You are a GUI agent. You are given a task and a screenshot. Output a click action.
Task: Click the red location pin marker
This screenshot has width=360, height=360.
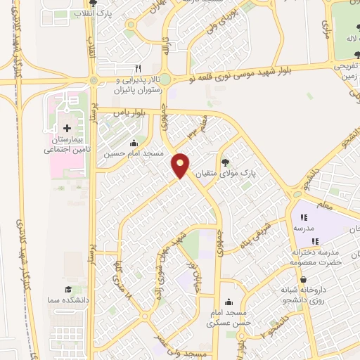[181, 165]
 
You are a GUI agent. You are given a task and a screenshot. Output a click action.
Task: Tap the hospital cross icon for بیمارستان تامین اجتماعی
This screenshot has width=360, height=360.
[67, 129]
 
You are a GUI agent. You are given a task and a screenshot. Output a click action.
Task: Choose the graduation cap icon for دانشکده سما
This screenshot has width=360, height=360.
[68, 289]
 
